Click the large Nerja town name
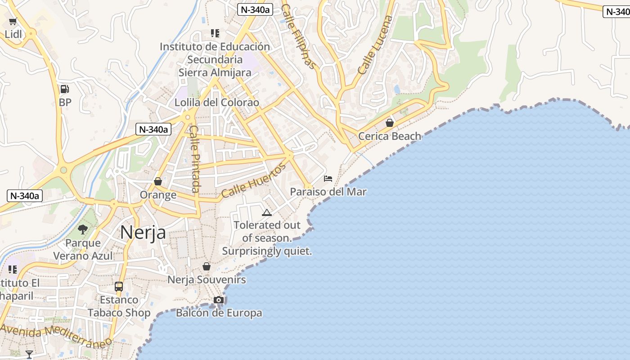tap(143, 233)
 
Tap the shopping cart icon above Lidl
tap(13, 21)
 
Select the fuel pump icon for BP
tap(65, 89)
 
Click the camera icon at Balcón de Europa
tap(219, 300)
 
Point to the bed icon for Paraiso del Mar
tap(328, 179)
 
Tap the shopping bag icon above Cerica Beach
tap(390, 122)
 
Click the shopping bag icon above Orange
tap(158, 181)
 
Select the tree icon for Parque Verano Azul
tap(83, 229)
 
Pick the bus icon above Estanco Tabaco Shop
tap(119, 286)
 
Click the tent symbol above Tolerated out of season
tap(267, 212)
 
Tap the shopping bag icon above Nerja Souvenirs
tap(207, 266)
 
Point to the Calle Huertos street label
tap(254, 180)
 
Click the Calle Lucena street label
tap(375, 45)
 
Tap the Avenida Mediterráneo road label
tap(56, 336)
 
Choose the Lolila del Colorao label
tap(217, 103)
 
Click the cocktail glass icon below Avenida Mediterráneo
tap(29, 355)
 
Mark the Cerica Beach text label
tap(390, 136)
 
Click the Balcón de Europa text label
tap(219, 313)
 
